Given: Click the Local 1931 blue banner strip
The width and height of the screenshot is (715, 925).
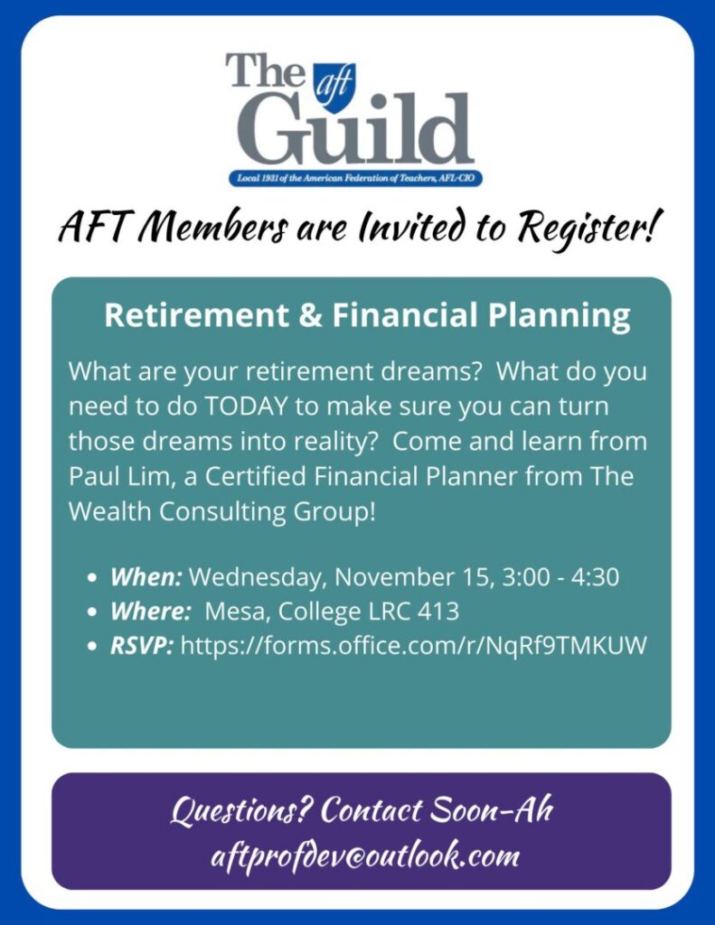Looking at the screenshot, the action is tap(355, 178).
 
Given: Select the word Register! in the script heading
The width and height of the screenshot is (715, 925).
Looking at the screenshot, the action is tap(587, 227).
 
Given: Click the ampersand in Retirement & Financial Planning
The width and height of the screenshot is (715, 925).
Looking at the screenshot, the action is tap(310, 315).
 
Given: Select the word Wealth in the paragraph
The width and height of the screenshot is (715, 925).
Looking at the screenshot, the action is tap(109, 511).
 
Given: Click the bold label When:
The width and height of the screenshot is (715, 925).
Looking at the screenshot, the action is tap(146, 576).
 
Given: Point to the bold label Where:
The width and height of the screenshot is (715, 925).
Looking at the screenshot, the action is tap(150, 612).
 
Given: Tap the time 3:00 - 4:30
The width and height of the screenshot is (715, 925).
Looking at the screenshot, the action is tap(560, 576).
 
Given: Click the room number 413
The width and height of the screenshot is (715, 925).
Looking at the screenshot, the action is tap(438, 612).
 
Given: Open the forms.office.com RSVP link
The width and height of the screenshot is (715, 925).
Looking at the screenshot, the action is tap(414, 646).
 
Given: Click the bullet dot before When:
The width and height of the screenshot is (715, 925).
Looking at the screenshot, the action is tap(91, 577).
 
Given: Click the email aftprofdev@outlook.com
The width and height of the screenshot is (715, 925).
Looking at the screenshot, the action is tap(365, 855).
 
